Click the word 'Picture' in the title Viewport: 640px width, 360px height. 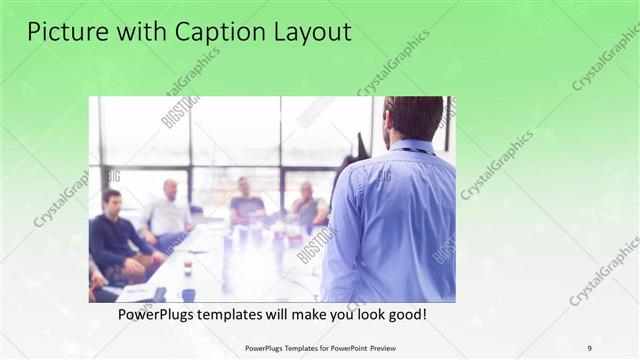[65, 32]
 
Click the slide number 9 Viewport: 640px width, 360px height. [589, 348]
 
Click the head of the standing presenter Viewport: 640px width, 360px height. [412, 118]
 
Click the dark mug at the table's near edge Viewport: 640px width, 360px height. [188, 294]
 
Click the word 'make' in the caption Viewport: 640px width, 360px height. [308, 315]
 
